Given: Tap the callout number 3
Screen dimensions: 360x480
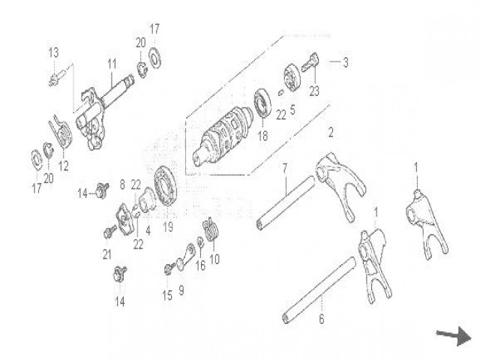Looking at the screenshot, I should [x=346, y=62].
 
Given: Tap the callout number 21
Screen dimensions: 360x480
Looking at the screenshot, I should [x=107, y=255].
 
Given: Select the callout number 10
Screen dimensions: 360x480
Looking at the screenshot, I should [x=214, y=259].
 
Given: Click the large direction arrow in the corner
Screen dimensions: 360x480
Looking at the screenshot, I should [x=454, y=337].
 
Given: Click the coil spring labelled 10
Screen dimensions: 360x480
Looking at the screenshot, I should [x=211, y=230].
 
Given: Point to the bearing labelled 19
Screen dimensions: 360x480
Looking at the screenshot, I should [x=165, y=185].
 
